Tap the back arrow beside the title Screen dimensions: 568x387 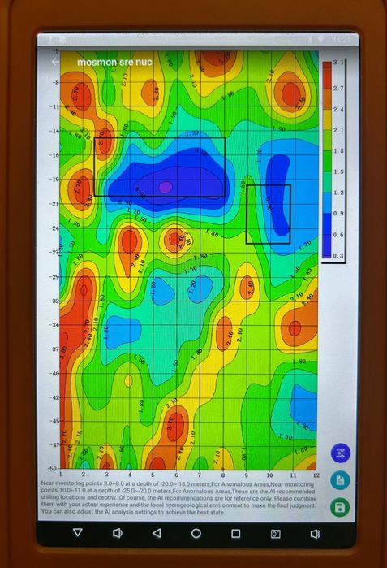[x=55, y=62]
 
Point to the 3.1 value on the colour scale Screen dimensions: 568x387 [x=340, y=63]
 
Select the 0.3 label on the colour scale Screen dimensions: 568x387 [x=340, y=257]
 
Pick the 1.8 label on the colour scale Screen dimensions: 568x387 [x=340, y=151]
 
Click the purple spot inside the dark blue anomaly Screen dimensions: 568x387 [x=166, y=187]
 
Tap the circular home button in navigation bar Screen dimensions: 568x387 [x=196, y=533]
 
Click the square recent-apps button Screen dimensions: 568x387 [x=236, y=533]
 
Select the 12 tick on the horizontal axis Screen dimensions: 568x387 [x=317, y=475]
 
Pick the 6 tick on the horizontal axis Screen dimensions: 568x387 [x=177, y=475]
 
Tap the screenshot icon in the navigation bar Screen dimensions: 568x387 [x=276, y=533]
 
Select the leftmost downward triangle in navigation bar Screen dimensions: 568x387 [x=77, y=533]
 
